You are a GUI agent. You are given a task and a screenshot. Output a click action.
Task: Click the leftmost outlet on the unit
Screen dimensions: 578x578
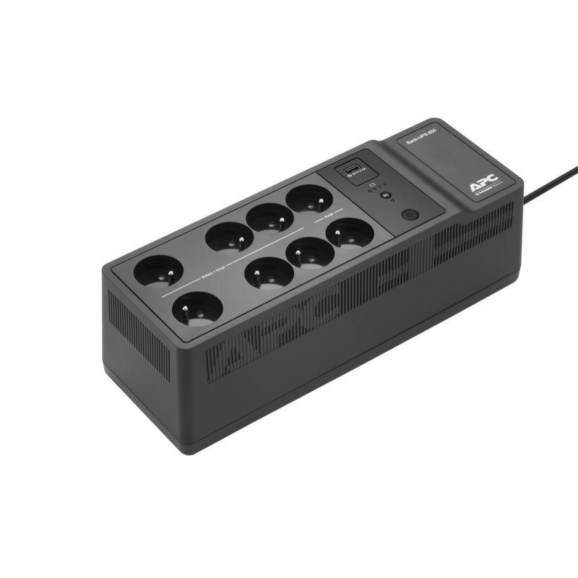coord(158,271)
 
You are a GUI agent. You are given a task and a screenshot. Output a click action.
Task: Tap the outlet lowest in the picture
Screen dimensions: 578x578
coord(197,311)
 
